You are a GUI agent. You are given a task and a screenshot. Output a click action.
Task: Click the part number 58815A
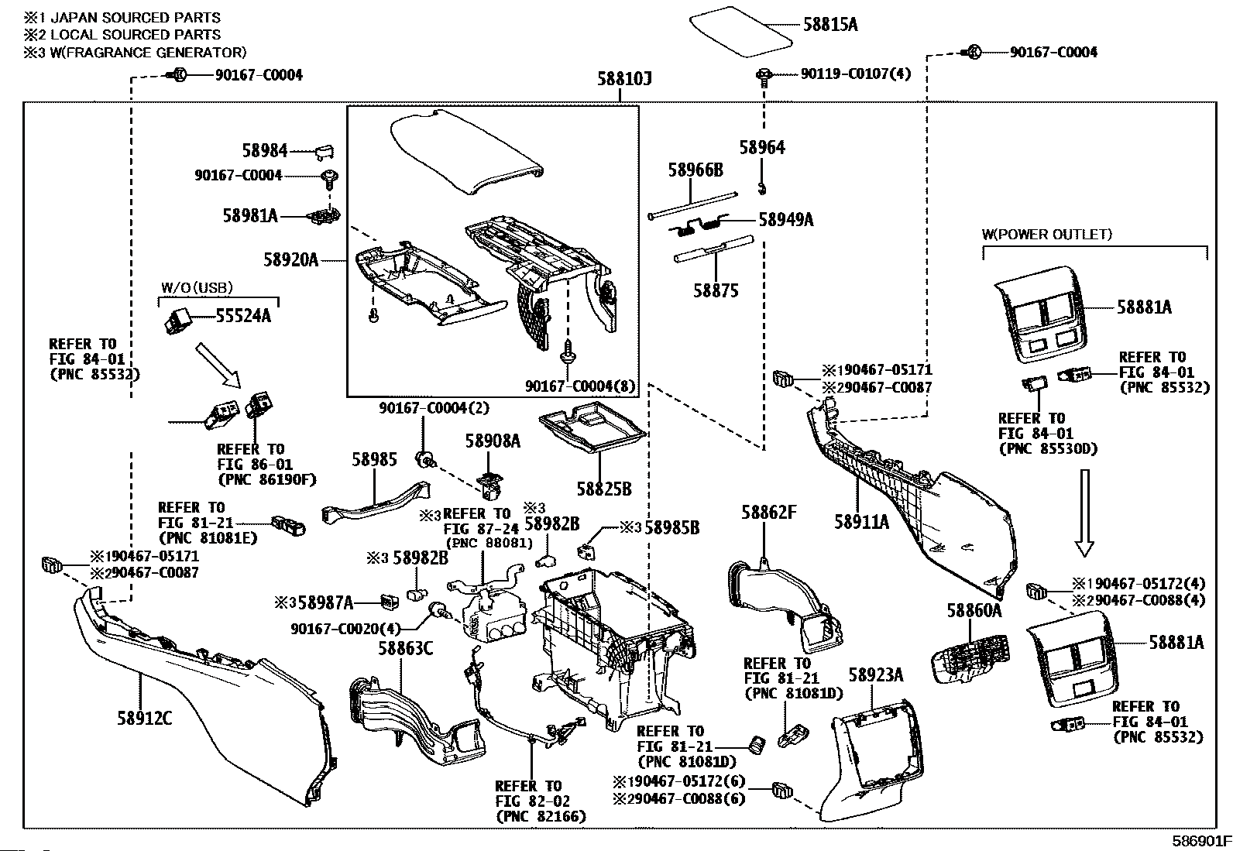[x=829, y=25]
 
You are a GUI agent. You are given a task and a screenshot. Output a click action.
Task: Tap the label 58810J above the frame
[x=624, y=79]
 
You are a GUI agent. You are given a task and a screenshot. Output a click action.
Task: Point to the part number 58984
[x=264, y=151]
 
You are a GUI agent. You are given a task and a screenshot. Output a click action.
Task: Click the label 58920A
[x=290, y=259]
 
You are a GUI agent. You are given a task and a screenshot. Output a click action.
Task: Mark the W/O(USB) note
[x=197, y=288]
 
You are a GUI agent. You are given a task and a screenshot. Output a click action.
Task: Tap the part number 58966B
[x=695, y=170]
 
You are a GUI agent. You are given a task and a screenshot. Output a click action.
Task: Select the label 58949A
[x=785, y=220]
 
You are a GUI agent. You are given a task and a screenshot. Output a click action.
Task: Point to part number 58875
[x=716, y=290]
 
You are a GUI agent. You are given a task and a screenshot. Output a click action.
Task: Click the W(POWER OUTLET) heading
[x=1046, y=234]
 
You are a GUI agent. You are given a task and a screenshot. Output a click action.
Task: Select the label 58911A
[x=861, y=522]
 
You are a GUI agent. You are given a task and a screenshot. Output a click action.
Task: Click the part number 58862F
[x=768, y=512]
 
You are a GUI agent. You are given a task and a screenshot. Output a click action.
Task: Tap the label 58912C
[x=145, y=719]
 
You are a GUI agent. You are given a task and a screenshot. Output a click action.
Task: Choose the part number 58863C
[x=405, y=647]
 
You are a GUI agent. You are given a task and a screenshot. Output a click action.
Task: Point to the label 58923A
[x=876, y=674]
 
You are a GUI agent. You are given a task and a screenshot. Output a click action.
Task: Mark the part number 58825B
[x=603, y=489]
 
